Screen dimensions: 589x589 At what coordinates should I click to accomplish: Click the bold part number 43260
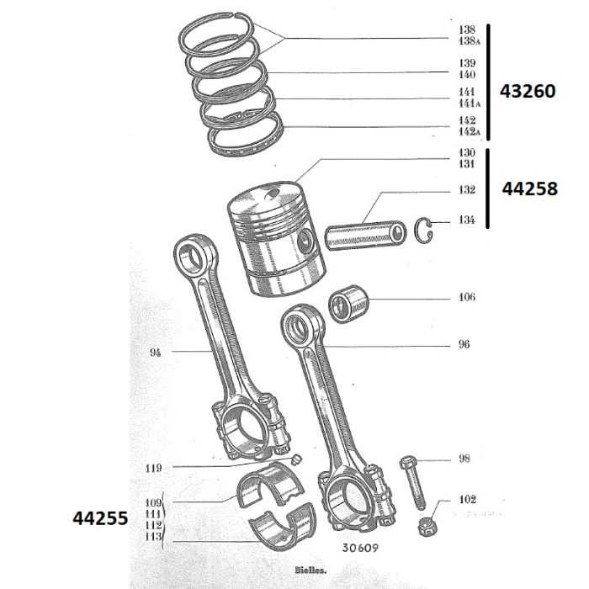(x=528, y=91)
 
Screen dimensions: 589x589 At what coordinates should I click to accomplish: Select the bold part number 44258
(x=529, y=188)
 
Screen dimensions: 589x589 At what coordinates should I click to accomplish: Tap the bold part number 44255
(x=100, y=518)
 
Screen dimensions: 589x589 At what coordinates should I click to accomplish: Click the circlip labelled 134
(x=424, y=230)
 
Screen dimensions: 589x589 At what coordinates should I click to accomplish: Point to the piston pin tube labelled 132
(x=365, y=236)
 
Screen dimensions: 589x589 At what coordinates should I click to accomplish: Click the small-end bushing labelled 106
(x=348, y=304)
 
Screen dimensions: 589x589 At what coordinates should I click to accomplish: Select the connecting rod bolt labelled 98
(x=413, y=482)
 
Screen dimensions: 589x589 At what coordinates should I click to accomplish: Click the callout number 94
(x=155, y=353)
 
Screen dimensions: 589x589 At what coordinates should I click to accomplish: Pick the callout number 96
(x=464, y=344)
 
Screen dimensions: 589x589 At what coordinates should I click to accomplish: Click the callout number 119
(x=154, y=468)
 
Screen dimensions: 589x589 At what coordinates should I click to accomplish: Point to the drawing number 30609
(x=360, y=548)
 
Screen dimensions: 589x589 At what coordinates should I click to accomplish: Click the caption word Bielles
(x=310, y=570)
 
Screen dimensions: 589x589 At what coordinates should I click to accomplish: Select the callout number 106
(x=467, y=297)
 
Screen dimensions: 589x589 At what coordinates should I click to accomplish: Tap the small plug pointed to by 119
(x=297, y=459)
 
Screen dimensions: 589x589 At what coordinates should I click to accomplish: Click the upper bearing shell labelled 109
(x=270, y=485)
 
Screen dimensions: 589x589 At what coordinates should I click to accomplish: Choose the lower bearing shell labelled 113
(x=283, y=526)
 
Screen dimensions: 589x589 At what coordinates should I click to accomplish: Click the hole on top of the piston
(x=272, y=194)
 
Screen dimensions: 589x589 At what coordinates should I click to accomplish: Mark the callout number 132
(x=467, y=189)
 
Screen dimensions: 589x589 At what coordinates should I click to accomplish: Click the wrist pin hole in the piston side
(x=305, y=241)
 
